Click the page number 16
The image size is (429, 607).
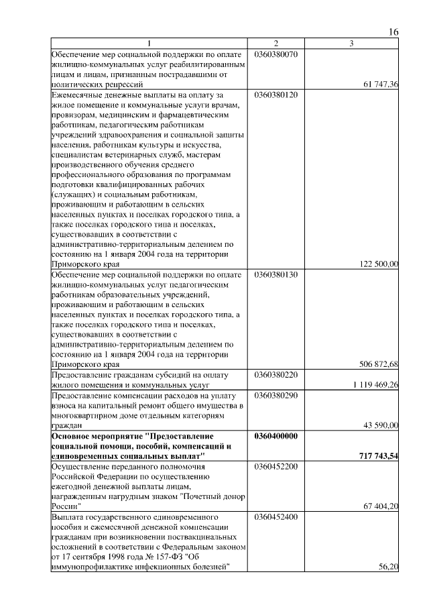pos(393,32)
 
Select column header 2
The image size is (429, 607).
pos(275,44)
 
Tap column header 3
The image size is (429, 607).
pos(352,44)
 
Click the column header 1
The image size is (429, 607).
pos(149,44)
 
